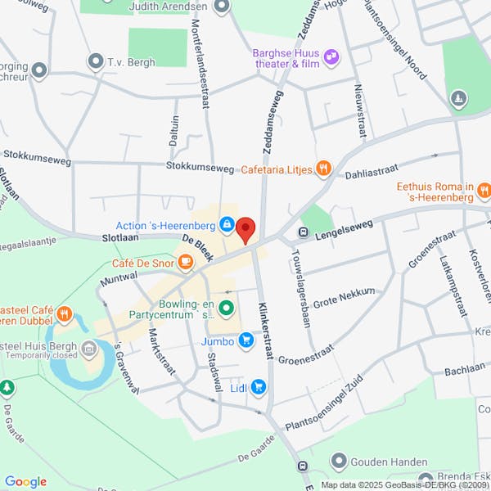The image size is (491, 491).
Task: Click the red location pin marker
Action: point(246,230)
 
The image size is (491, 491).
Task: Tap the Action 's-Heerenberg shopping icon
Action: point(226,224)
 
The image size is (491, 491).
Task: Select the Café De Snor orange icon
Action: point(186,262)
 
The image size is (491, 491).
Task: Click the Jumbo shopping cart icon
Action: point(245,342)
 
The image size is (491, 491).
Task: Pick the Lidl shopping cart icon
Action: point(259,386)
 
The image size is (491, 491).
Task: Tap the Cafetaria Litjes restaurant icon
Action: point(325,169)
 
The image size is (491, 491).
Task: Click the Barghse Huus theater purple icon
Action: point(331,56)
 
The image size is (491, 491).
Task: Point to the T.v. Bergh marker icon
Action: point(96,61)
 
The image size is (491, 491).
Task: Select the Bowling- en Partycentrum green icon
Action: point(226,309)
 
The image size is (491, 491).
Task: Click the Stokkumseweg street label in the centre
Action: point(200,166)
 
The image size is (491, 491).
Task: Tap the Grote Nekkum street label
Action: point(344,297)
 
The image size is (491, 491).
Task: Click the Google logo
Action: point(25,482)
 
